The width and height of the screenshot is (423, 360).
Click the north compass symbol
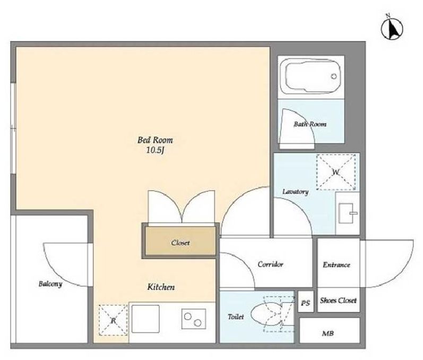[392, 28]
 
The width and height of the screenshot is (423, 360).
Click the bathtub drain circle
[334, 76]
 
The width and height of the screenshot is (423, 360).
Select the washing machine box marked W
[336, 172]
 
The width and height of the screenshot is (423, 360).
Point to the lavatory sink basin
[346, 213]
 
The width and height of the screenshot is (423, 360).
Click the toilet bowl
[266, 314]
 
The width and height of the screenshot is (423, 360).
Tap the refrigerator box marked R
[113, 320]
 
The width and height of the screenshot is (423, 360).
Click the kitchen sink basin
[145, 319]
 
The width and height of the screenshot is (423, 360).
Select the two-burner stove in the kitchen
[194, 319]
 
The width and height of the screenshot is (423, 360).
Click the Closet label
[180, 243]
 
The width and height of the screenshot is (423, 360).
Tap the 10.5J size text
[156, 151]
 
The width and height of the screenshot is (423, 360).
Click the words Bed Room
[155, 140]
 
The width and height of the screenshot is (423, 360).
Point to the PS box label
[305, 303]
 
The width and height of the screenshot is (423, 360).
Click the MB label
[328, 333]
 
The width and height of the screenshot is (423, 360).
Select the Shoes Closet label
[338, 301]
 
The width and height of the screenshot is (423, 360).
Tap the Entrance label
[336, 265]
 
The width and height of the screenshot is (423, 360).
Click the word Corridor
[270, 264]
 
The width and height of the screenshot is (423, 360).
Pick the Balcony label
[50, 284]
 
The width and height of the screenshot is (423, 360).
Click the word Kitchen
[161, 287]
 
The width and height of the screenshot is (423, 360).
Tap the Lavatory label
[296, 192]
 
